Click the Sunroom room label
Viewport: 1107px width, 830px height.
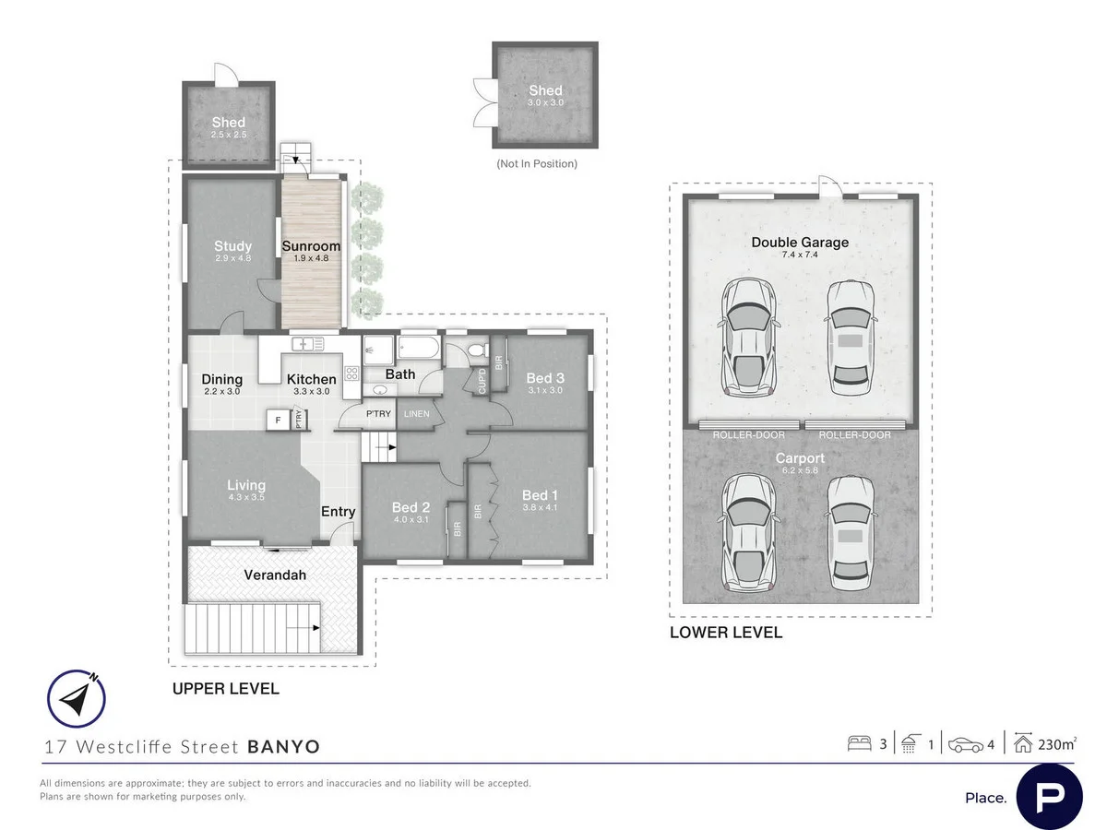point(311,246)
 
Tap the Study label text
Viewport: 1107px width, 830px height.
point(232,246)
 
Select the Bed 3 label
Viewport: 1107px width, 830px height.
point(544,378)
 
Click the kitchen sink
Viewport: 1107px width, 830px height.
point(307,344)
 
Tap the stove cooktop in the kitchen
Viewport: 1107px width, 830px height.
point(351,373)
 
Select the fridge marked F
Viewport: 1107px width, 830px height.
point(277,421)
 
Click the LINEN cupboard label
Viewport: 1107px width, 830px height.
point(416,414)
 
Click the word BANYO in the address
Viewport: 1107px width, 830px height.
point(284,747)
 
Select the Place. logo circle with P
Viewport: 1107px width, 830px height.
point(1049,796)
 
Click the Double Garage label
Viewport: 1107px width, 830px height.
point(799,243)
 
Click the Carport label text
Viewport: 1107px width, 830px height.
point(800,458)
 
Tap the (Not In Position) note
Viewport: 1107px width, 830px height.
point(537,163)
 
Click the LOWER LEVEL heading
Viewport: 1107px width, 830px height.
point(726,633)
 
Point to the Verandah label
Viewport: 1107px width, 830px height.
point(275,575)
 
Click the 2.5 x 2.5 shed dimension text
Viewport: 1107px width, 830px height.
point(229,135)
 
